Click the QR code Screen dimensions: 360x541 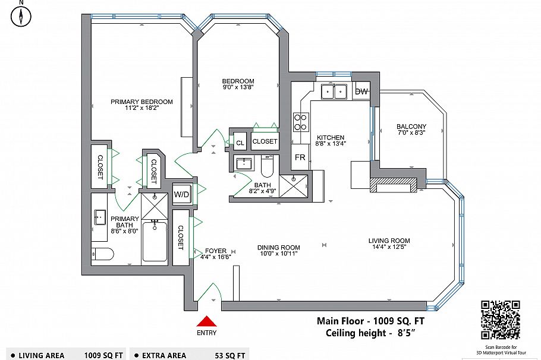tap(500, 320)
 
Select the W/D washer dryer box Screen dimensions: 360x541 tap(181, 194)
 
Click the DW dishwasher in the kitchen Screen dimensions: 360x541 tap(361, 91)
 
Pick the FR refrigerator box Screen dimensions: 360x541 tap(300, 158)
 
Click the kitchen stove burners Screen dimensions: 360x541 tap(301, 122)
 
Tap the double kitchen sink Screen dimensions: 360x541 tap(334, 91)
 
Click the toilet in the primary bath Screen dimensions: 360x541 tap(103, 255)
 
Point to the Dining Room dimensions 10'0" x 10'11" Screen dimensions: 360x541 tap(278, 254)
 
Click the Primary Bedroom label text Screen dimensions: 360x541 tap(141, 102)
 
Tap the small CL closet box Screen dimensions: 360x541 tap(240, 143)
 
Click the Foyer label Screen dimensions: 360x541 tap(215, 250)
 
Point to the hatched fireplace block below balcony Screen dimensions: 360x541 tap(393, 186)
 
